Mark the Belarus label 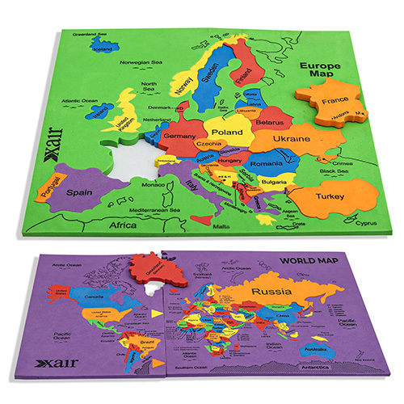click(x=271, y=120)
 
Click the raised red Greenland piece click(x=158, y=270)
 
